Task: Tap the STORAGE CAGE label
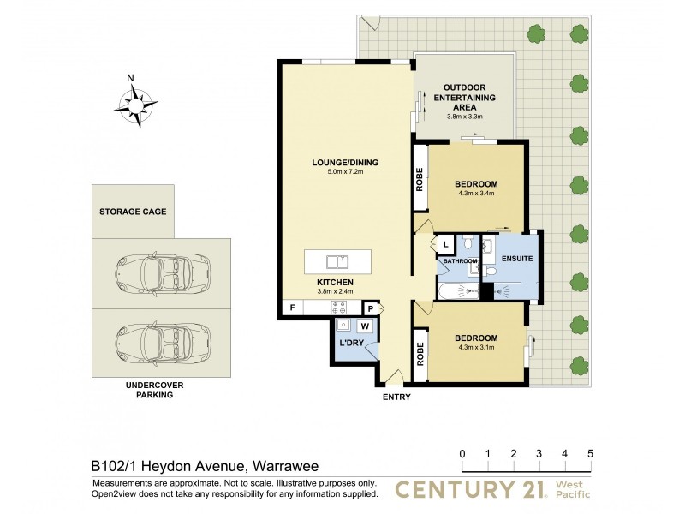[133, 211]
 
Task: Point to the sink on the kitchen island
[339, 260]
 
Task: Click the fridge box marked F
[292, 308]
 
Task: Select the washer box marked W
[365, 326]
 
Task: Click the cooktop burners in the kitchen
[339, 308]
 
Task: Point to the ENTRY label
[397, 397]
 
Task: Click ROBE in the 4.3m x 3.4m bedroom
[420, 178]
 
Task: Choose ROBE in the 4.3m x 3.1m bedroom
[420, 355]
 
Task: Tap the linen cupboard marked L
[446, 245]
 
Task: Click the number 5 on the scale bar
[590, 453]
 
